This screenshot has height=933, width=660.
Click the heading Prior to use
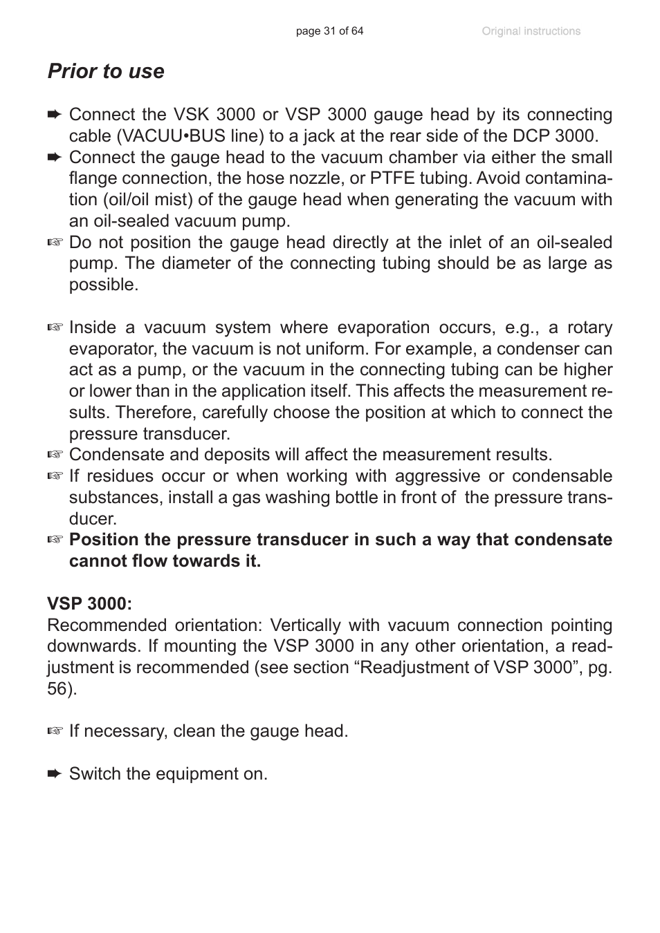[106, 71]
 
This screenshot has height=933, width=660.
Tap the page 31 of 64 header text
[329, 31]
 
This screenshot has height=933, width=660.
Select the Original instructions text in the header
[531, 31]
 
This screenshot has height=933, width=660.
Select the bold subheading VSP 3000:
[89, 603]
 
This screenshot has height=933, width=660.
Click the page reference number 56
[57, 689]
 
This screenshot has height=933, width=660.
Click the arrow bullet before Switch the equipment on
[55, 773]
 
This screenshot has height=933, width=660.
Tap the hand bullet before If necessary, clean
[55, 731]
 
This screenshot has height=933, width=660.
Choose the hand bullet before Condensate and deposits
[55, 455]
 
